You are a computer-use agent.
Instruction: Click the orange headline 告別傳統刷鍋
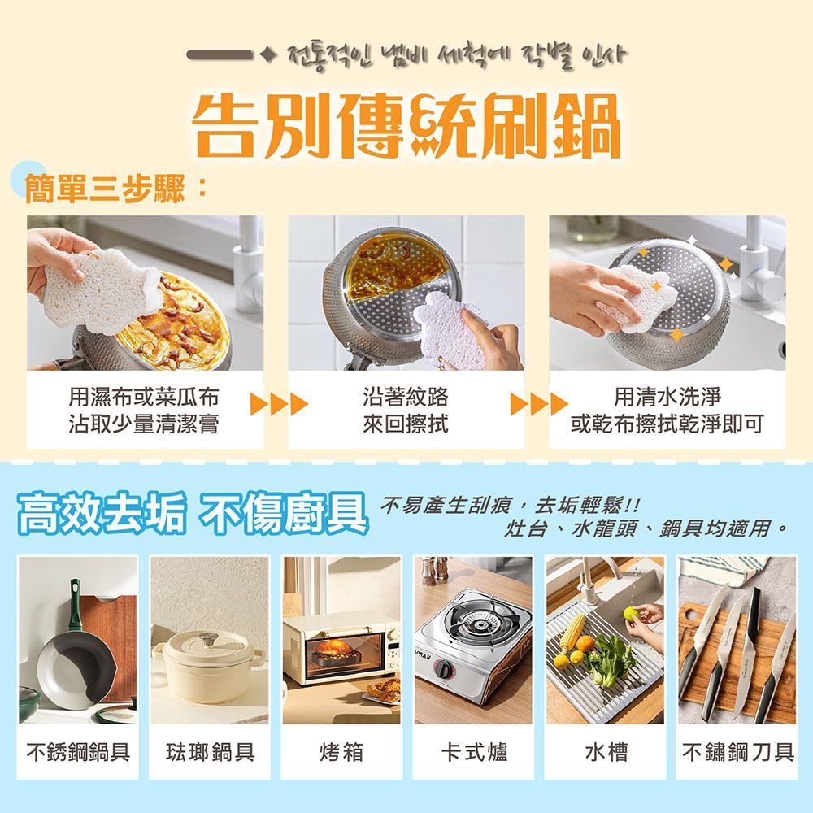coord(406,126)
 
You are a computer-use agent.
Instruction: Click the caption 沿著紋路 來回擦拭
coord(406,411)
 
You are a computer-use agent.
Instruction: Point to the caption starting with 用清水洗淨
coord(667,411)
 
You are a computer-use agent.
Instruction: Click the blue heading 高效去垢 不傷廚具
coord(192,513)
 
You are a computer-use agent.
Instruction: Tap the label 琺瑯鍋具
coord(210,752)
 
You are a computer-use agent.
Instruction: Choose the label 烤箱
coord(341,752)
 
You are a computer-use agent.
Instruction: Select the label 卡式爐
coord(474,752)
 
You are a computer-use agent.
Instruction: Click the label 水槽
coord(606,752)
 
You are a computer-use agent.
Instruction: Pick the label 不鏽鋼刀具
coord(738,752)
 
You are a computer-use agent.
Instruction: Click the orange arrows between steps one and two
coord(279,404)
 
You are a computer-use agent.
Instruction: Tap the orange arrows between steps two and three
coord(539,404)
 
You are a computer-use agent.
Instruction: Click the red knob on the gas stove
coord(443,668)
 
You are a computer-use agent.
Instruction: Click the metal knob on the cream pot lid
coord(208,638)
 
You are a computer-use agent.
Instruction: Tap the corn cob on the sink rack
coord(572,633)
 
